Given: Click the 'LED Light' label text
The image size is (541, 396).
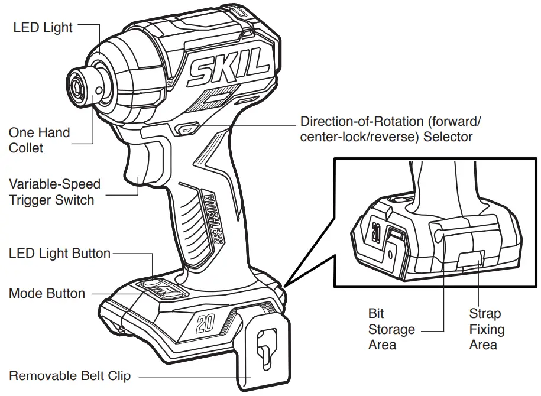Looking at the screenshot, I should pos(43,27).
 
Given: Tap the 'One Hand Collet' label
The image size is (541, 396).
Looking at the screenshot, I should pos(39,140).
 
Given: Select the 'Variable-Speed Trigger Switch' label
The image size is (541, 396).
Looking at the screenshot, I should pos(54,192).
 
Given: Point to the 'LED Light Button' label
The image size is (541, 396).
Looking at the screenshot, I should pos(60,254).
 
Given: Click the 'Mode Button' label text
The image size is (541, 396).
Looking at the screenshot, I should pos(47,294).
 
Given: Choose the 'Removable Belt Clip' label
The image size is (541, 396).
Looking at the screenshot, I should pos(70,376).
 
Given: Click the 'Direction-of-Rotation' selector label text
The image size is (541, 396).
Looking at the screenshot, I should pos(391,129).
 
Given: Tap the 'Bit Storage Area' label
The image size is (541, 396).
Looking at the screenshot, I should pos(391,329).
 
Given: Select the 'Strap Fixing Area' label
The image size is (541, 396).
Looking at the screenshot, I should pos(486,329).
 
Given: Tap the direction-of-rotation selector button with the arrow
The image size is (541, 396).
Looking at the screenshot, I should pos(188,127).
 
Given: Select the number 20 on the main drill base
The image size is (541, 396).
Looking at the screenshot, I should pos(205,323).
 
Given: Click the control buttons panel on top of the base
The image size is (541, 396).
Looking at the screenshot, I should pos(164,289).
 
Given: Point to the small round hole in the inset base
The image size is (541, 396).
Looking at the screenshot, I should pos(391,255).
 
